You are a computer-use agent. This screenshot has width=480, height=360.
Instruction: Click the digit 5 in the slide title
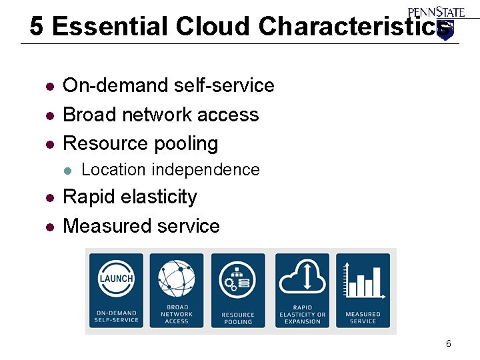pos(37,27)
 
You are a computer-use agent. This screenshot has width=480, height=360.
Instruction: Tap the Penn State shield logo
pos(445,30)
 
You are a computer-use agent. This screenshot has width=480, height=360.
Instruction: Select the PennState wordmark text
pos(437,11)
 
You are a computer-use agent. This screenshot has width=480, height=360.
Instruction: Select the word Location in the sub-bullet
pos(113,170)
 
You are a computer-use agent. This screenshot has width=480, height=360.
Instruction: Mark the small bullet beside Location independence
pos(67,171)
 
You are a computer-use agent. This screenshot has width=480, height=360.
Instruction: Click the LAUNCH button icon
pos(117,279)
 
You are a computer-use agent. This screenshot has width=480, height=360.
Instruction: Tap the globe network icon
pos(177,279)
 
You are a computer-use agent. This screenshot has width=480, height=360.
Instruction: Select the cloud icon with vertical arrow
pos(302,277)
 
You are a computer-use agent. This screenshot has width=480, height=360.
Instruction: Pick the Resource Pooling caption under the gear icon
pos(238,318)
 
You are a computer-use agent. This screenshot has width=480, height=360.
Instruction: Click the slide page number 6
pos(448,344)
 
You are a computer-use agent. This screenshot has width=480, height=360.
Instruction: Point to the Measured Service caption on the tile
pos(363,317)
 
